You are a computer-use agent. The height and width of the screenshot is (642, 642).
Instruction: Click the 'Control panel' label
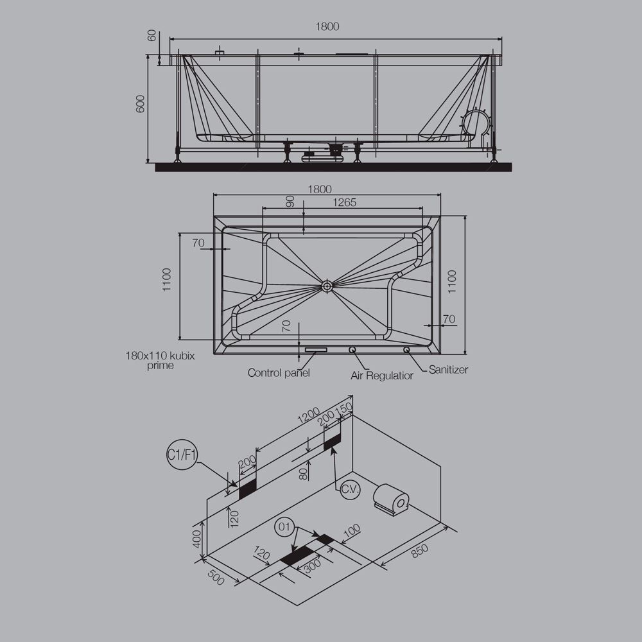point(279,372)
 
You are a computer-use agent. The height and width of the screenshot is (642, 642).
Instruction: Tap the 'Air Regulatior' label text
point(382,375)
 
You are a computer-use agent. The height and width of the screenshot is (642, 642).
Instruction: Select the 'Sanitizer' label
point(448,370)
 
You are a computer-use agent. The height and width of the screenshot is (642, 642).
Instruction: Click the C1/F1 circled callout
point(182,456)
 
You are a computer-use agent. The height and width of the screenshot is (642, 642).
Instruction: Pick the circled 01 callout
point(286,528)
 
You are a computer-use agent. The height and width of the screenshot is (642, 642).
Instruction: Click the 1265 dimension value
point(344,203)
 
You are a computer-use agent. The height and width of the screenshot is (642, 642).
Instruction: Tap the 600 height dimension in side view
point(141,105)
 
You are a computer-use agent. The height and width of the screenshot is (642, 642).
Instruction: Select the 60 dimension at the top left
point(152,35)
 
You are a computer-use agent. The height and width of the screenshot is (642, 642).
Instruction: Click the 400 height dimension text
point(197,535)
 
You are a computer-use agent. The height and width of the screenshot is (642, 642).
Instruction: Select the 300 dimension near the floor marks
point(312,566)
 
